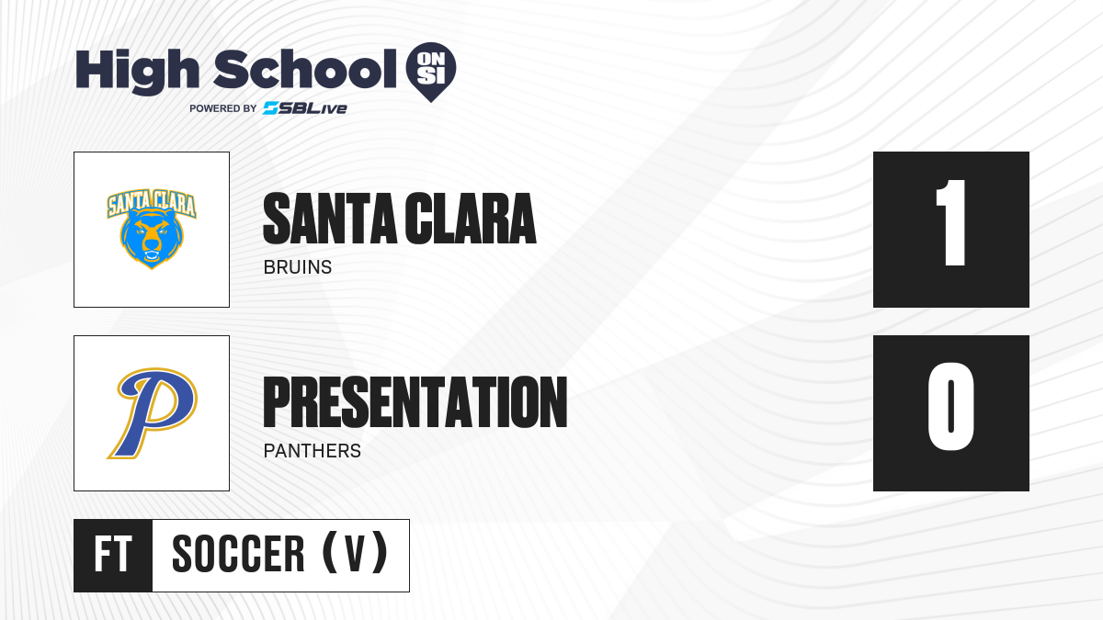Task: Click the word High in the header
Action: (138, 72)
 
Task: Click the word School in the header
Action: (305, 69)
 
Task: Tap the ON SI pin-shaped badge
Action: (431, 72)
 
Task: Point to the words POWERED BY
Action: (223, 108)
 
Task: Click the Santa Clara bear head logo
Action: (152, 237)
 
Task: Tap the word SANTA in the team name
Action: (330, 219)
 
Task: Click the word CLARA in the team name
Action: (471, 219)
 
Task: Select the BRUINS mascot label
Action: (298, 267)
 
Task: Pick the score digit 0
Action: (950, 406)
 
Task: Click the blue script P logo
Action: (153, 412)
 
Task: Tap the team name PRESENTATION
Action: (415, 402)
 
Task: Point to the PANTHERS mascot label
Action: (313, 451)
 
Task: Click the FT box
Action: (113, 556)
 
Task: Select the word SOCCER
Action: (238, 554)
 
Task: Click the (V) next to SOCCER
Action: (355, 553)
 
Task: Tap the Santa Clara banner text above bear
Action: (152, 203)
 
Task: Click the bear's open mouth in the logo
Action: (152, 256)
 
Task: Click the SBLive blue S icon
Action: (270, 108)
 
